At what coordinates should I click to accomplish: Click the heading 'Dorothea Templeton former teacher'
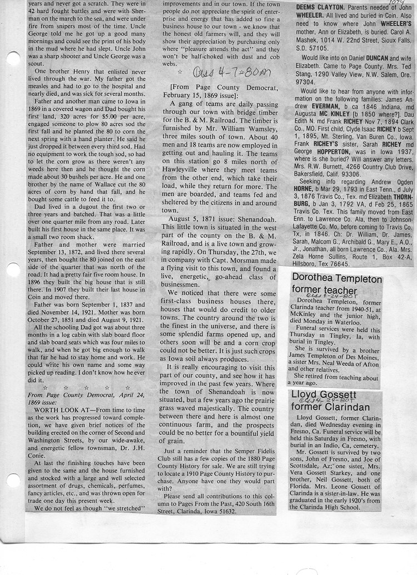[337, 284]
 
